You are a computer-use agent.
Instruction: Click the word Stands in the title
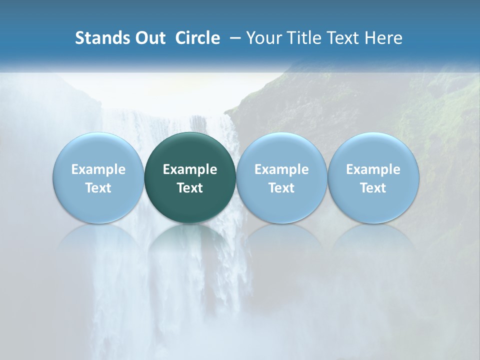pyautogui.click(x=101, y=38)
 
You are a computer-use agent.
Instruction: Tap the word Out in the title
pyautogui.click(x=148, y=38)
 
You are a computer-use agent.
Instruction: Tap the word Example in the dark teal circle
pyautogui.click(x=190, y=169)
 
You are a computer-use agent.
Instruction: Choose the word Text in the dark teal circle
pyautogui.click(x=190, y=188)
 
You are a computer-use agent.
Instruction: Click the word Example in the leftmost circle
pyautogui.click(x=98, y=169)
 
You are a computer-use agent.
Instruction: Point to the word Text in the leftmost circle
pyautogui.click(x=98, y=188)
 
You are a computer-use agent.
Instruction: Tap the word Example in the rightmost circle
pyautogui.click(x=373, y=169)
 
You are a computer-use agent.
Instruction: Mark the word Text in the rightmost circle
pyautogui.click(x=373, y=188)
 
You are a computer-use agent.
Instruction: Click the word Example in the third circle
pyautogui.click(x=281, y=169)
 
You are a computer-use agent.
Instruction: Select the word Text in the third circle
pyautogui.click(x=281, y=188)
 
